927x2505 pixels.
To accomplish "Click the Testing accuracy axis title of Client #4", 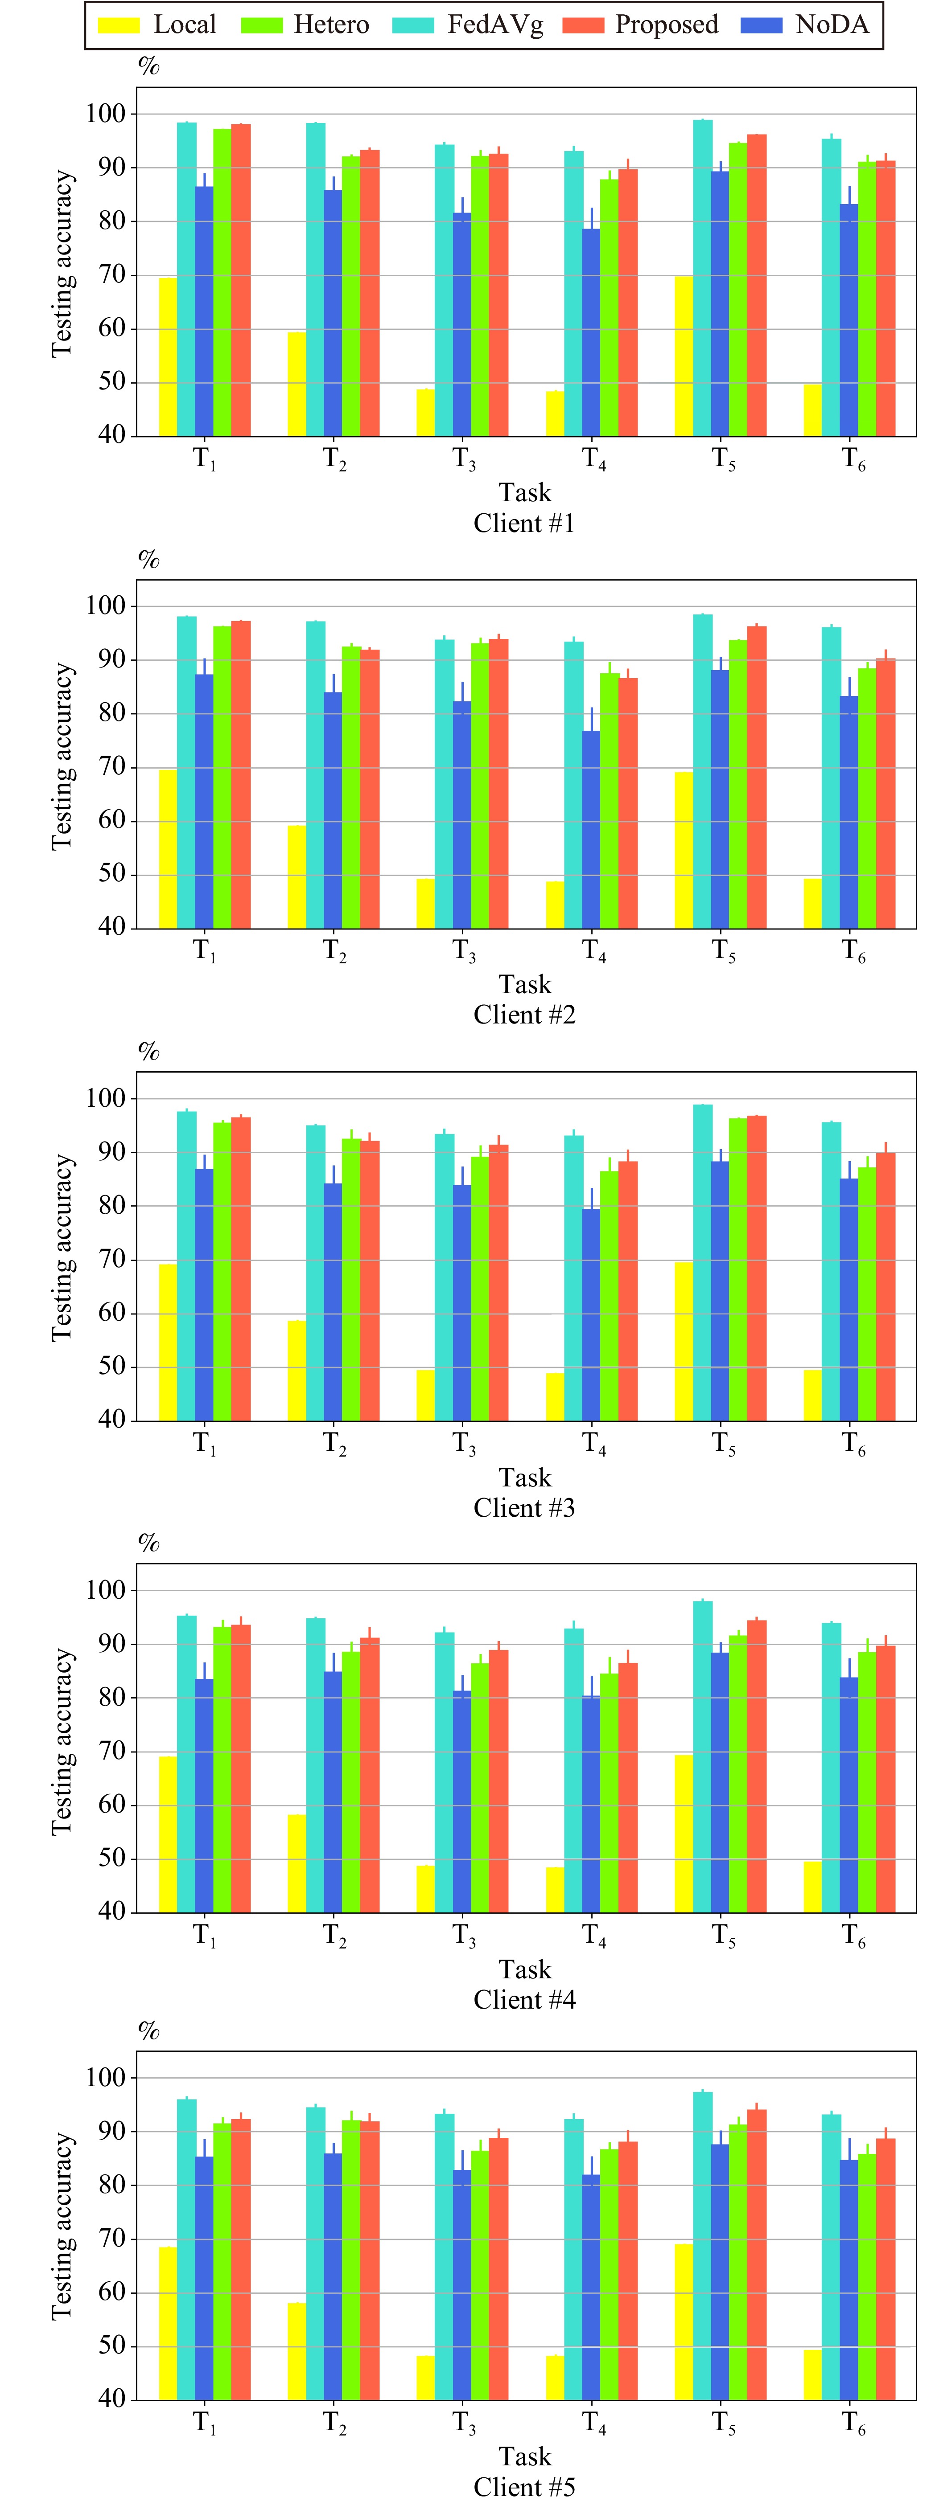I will pyautogui.click(x=62, y=1741).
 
